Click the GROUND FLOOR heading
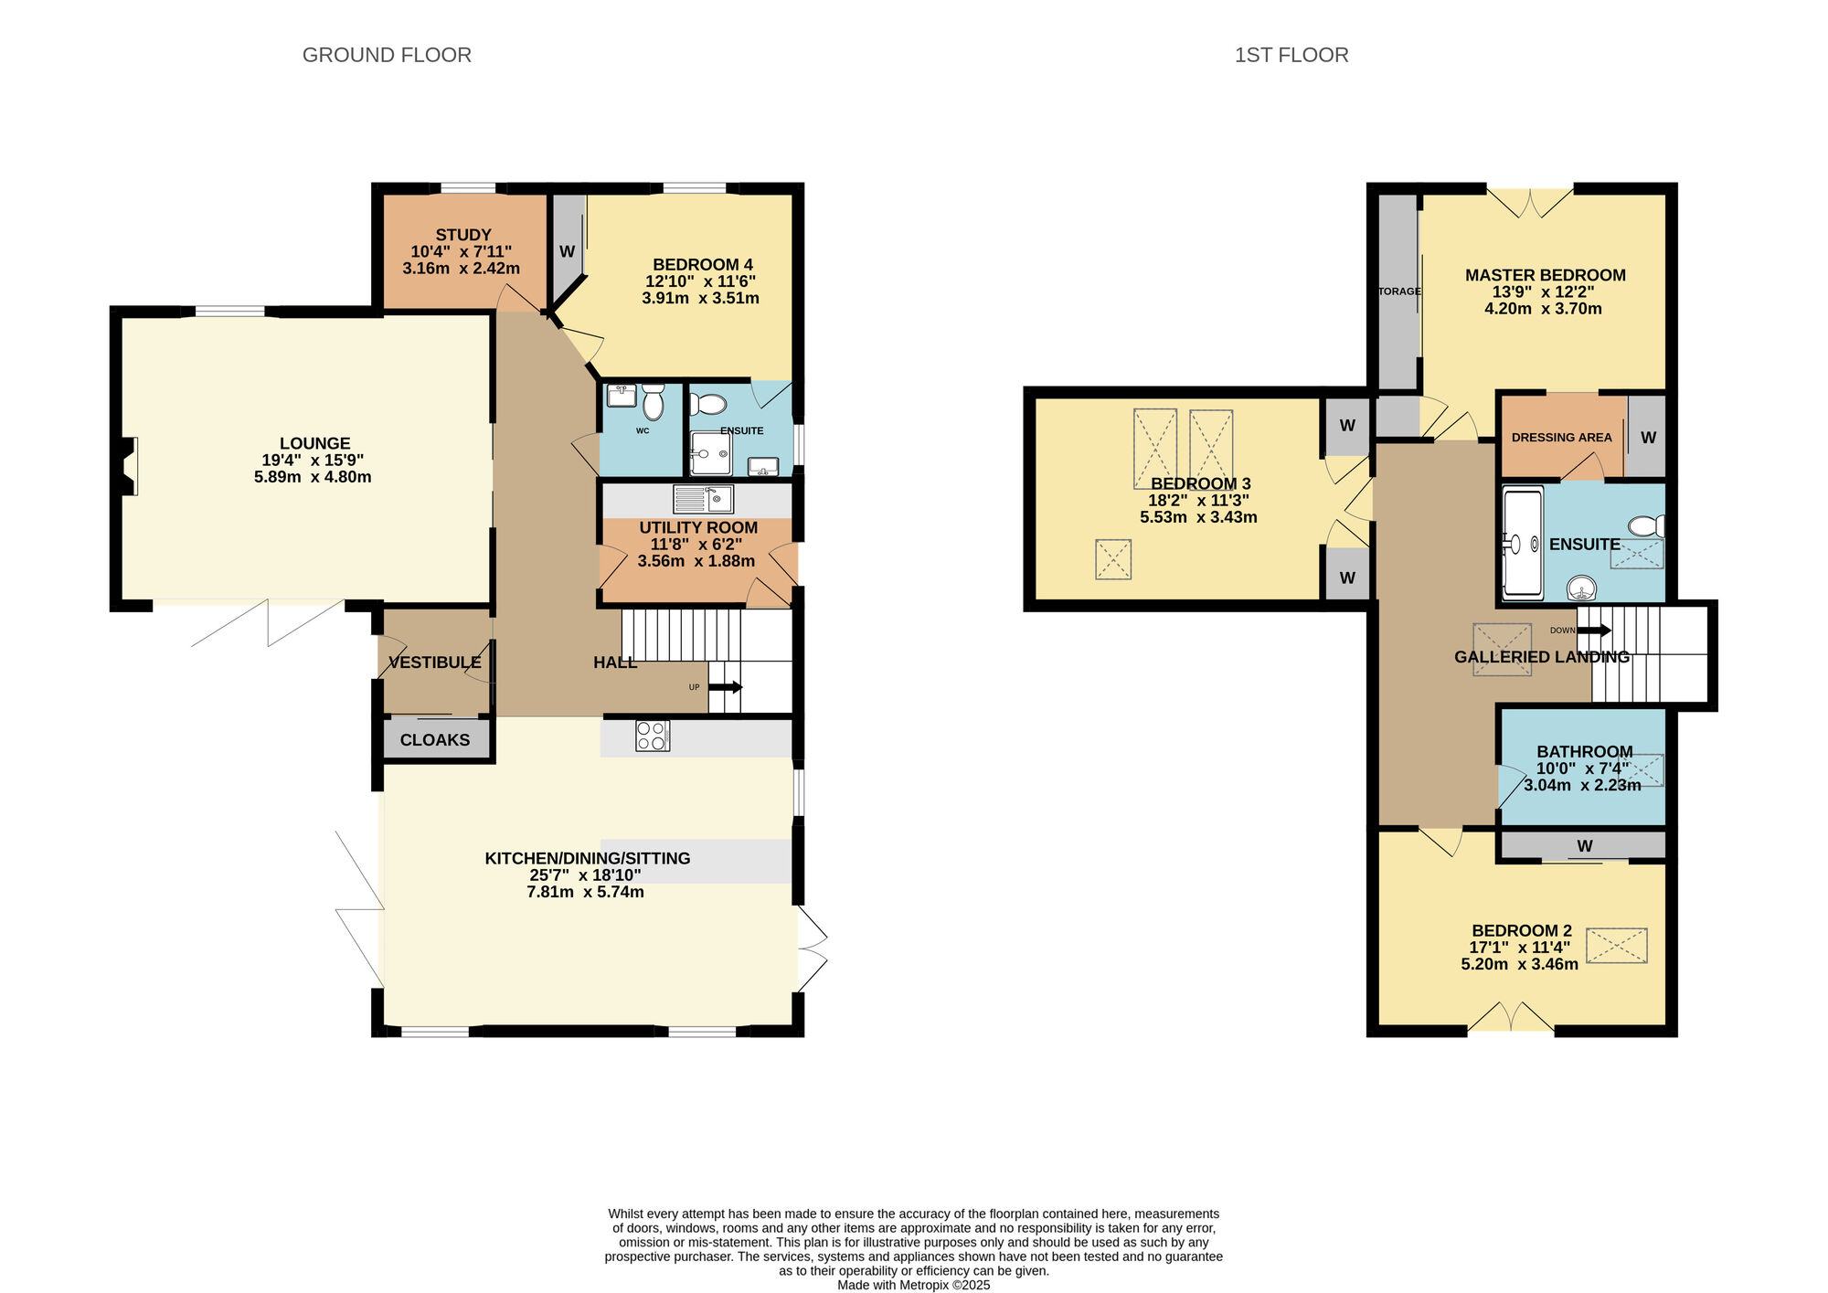click(387, 55)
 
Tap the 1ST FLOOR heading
click(1291, 55)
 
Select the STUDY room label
click(463, 235)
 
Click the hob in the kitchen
click(653, 736)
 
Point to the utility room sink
click(704, 499)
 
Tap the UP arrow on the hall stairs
click(726, 687)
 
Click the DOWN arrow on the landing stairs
click(1594, 631)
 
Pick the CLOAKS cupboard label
click(435, 740)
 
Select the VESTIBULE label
click(435, 662)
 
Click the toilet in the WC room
click(654, 402)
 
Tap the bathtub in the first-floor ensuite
click(1523, 544)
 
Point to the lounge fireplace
click(126, 466)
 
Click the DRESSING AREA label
click(1562, 438)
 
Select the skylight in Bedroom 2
click(1617, 946)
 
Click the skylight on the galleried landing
click(1502, 650)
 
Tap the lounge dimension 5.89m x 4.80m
click(313, 477)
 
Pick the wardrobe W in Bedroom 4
click(567, 251)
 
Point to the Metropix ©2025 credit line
click(914, 1285)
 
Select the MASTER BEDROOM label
click(1546, 275)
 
